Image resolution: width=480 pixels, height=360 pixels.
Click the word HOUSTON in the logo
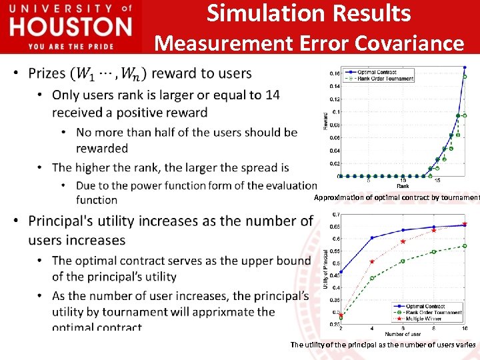tap(71, 27)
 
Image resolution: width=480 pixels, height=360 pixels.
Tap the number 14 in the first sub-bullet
tap(272, 95)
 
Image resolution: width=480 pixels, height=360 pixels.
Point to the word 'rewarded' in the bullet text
tap(102, 148)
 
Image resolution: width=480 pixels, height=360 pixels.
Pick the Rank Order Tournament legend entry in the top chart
tap(384, 78)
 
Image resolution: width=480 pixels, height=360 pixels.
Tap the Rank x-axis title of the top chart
tap(403, 186)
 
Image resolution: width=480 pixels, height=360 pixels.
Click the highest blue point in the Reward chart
tap(465, 67)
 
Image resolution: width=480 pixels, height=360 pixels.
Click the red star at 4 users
tap(372, 261)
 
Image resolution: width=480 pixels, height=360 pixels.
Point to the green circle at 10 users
tap(465, 246)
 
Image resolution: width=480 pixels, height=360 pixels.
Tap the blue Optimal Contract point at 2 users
tap(341, 272)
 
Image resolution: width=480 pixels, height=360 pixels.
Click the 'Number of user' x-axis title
tap(403, 333)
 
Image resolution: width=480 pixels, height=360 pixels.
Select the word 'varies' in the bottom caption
tap(464, 345)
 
